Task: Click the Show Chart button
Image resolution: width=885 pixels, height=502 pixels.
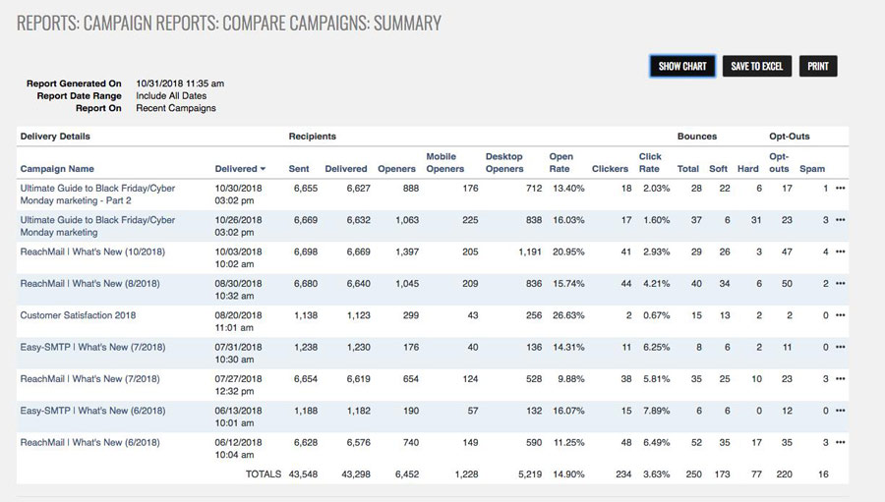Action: pyautogui.click(x=682, y=66)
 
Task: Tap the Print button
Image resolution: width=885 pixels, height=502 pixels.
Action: pyautogui.click(x=818, y=66)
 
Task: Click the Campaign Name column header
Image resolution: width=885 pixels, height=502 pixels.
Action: pyautogui.click(x=57, y=169)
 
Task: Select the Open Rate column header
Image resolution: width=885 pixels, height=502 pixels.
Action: pyautogui.click(x=560, y=163)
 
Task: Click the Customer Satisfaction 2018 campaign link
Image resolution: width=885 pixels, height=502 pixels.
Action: pyautogui.click(x=78, y=315)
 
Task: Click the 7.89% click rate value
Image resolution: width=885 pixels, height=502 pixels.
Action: pyautogui.click(x=657, y=411)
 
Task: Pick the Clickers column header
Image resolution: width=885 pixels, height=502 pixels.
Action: pyautogui.click(x=610, y=169)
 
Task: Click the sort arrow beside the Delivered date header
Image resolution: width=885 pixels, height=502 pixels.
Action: pyautogui.click(x=263, y=170)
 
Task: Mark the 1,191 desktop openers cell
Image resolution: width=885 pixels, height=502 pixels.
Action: pyautogui.click(x=530, y=251)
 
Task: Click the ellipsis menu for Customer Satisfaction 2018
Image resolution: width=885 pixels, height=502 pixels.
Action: pyautogui.click(x=840, y=315)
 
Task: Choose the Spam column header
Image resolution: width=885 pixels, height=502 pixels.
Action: pyautogui.click(x=812, y=169)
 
